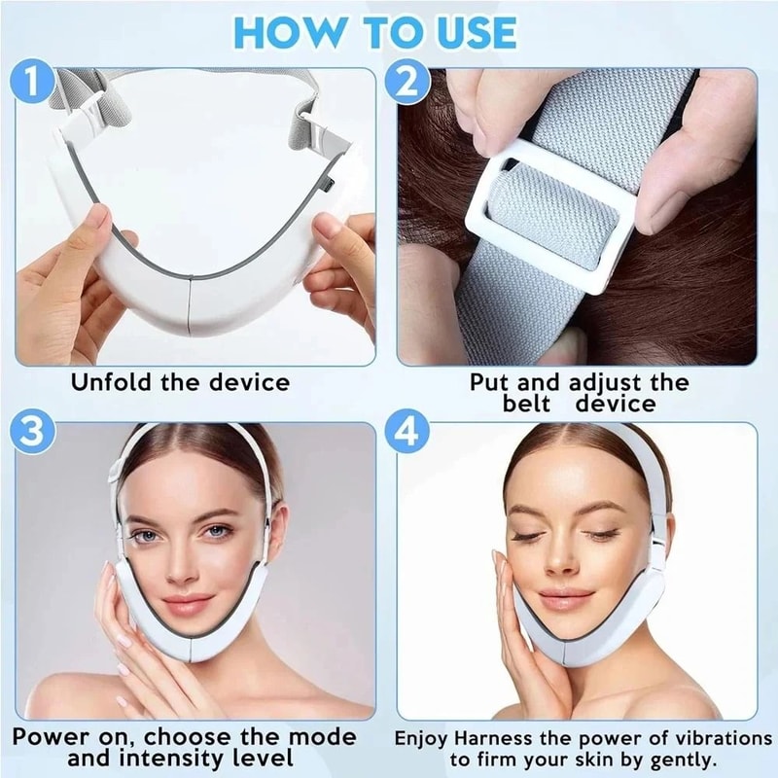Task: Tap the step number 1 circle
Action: [36, 84]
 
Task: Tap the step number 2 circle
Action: [409, 84]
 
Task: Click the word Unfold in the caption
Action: [111, 381]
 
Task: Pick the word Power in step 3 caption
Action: [52, 736]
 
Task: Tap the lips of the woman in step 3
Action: [194, 605]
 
